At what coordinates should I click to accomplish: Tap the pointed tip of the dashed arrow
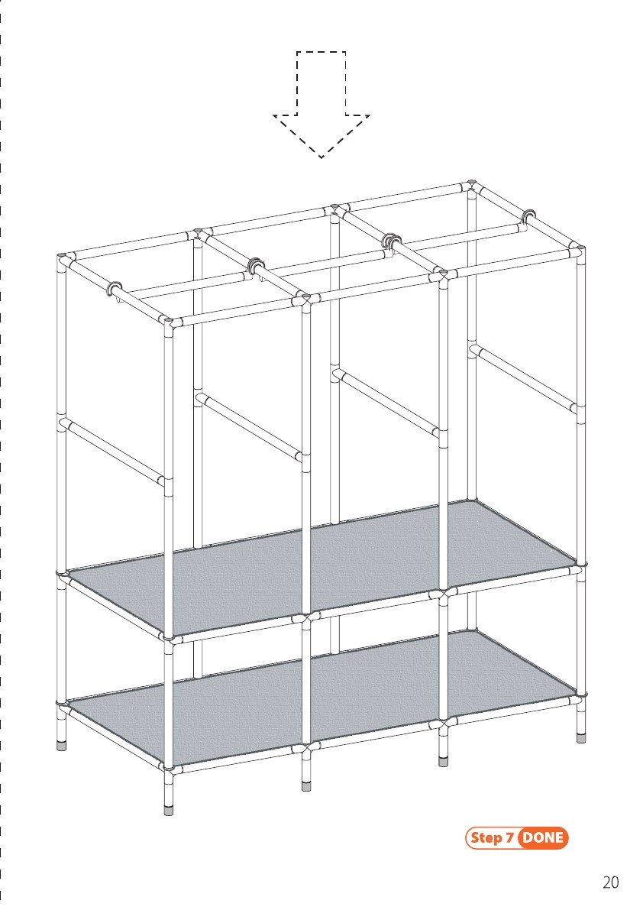(321, 158)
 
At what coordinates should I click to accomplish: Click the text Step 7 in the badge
(492, 837)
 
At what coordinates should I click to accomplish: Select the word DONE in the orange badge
(543, 837)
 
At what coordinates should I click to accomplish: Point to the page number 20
(610, 882)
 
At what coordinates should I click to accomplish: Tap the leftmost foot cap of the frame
(61, 745)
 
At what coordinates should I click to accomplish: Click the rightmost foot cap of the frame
(581, 737)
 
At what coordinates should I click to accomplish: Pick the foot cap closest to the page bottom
(169, 809)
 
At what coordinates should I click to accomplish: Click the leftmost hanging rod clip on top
(115, 289)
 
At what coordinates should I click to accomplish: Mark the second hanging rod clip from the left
(256, 267)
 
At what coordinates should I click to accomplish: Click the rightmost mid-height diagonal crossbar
(525, 377)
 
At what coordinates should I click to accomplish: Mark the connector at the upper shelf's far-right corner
(579, 568)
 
